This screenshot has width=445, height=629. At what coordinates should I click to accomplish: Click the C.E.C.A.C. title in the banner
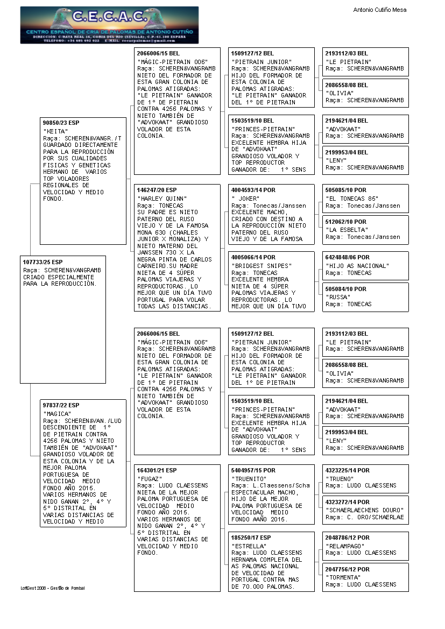pos(109,17)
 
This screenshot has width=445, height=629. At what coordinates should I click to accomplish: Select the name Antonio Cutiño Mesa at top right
pos(379,10)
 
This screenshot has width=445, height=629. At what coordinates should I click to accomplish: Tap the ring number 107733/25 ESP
pos(43,262)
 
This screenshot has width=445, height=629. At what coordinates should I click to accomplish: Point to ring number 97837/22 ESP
pos(61,405)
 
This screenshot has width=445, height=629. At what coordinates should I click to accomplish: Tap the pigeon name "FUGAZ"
pos(149,479)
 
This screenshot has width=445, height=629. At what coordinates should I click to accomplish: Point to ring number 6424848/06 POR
pos(348,257)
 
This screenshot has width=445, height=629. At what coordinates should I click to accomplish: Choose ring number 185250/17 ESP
pos(251,538)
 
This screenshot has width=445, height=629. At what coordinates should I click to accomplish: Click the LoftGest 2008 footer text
pos(52,588)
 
